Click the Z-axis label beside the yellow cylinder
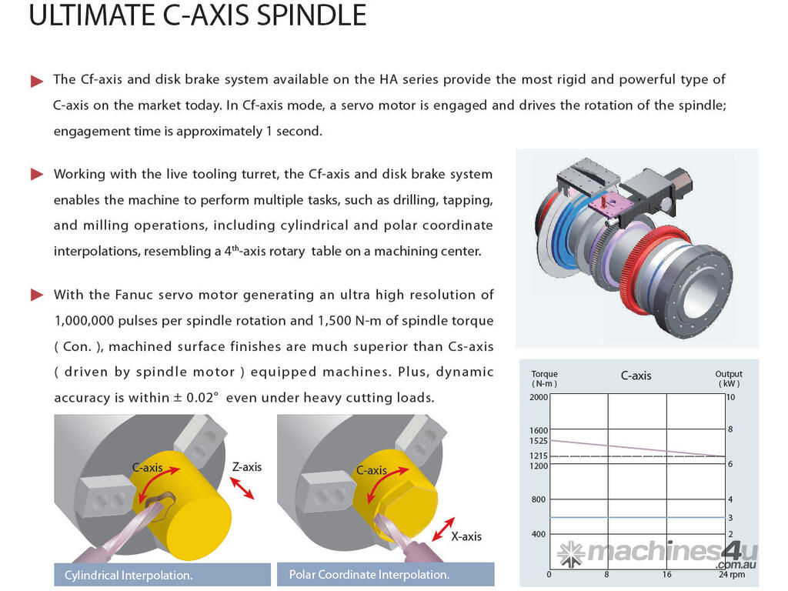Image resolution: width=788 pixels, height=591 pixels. [x=247, y=466]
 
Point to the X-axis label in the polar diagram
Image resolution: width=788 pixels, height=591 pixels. [x=466, y=536]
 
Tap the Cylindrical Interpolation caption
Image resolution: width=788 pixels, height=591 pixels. [x=129, y=575]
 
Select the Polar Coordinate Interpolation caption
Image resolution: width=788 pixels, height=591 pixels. [x=369, y=574]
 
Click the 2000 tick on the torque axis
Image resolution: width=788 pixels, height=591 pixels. [x=538, y=397]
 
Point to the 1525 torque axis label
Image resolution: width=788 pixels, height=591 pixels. [x=538, y=441]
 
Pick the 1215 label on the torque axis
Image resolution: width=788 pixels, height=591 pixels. [x=538, y=456]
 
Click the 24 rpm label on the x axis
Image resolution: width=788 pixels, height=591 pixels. [x=732, y=574]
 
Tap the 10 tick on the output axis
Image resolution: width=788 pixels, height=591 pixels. [x=731, y=397]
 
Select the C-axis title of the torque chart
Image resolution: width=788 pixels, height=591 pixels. [x=636, y=376]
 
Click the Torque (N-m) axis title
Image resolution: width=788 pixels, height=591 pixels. [x=544, y=379]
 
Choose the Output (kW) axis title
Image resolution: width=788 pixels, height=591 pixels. [x=729, y=379]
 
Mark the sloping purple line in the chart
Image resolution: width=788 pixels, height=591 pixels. [x=637, y=448]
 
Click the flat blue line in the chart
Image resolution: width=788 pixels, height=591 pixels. [x=637, y=517]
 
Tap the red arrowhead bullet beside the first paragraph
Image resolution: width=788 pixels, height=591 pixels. [x=36, y=81]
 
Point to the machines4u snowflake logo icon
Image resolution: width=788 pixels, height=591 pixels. [x=570, y=553]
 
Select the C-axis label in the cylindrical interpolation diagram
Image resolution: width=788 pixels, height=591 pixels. [x=147, y=467]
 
